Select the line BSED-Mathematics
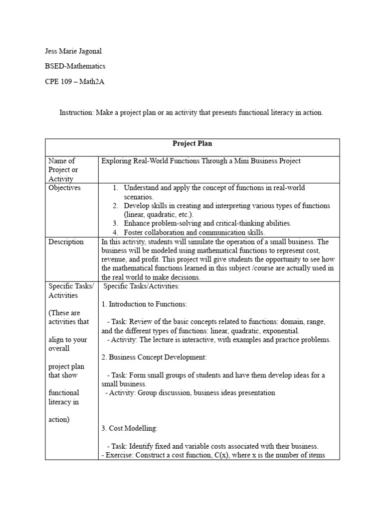click(x=75, y=66)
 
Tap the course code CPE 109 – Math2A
click(x=75, y=82)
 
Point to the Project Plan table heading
click(x=192, y=143)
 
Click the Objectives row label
click(x=64, y=188)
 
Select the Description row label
click(x=66, y=242)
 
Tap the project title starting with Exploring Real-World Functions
click(x=201, y=161)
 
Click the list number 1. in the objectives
click(x=116, y=188)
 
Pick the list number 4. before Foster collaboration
click(x=116, y=233)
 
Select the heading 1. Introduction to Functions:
click(x=144, y=304)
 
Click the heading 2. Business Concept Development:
click(x=154, y=358)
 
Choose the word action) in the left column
click(x=59, y=420)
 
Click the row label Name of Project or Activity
click(x=62, y=170)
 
